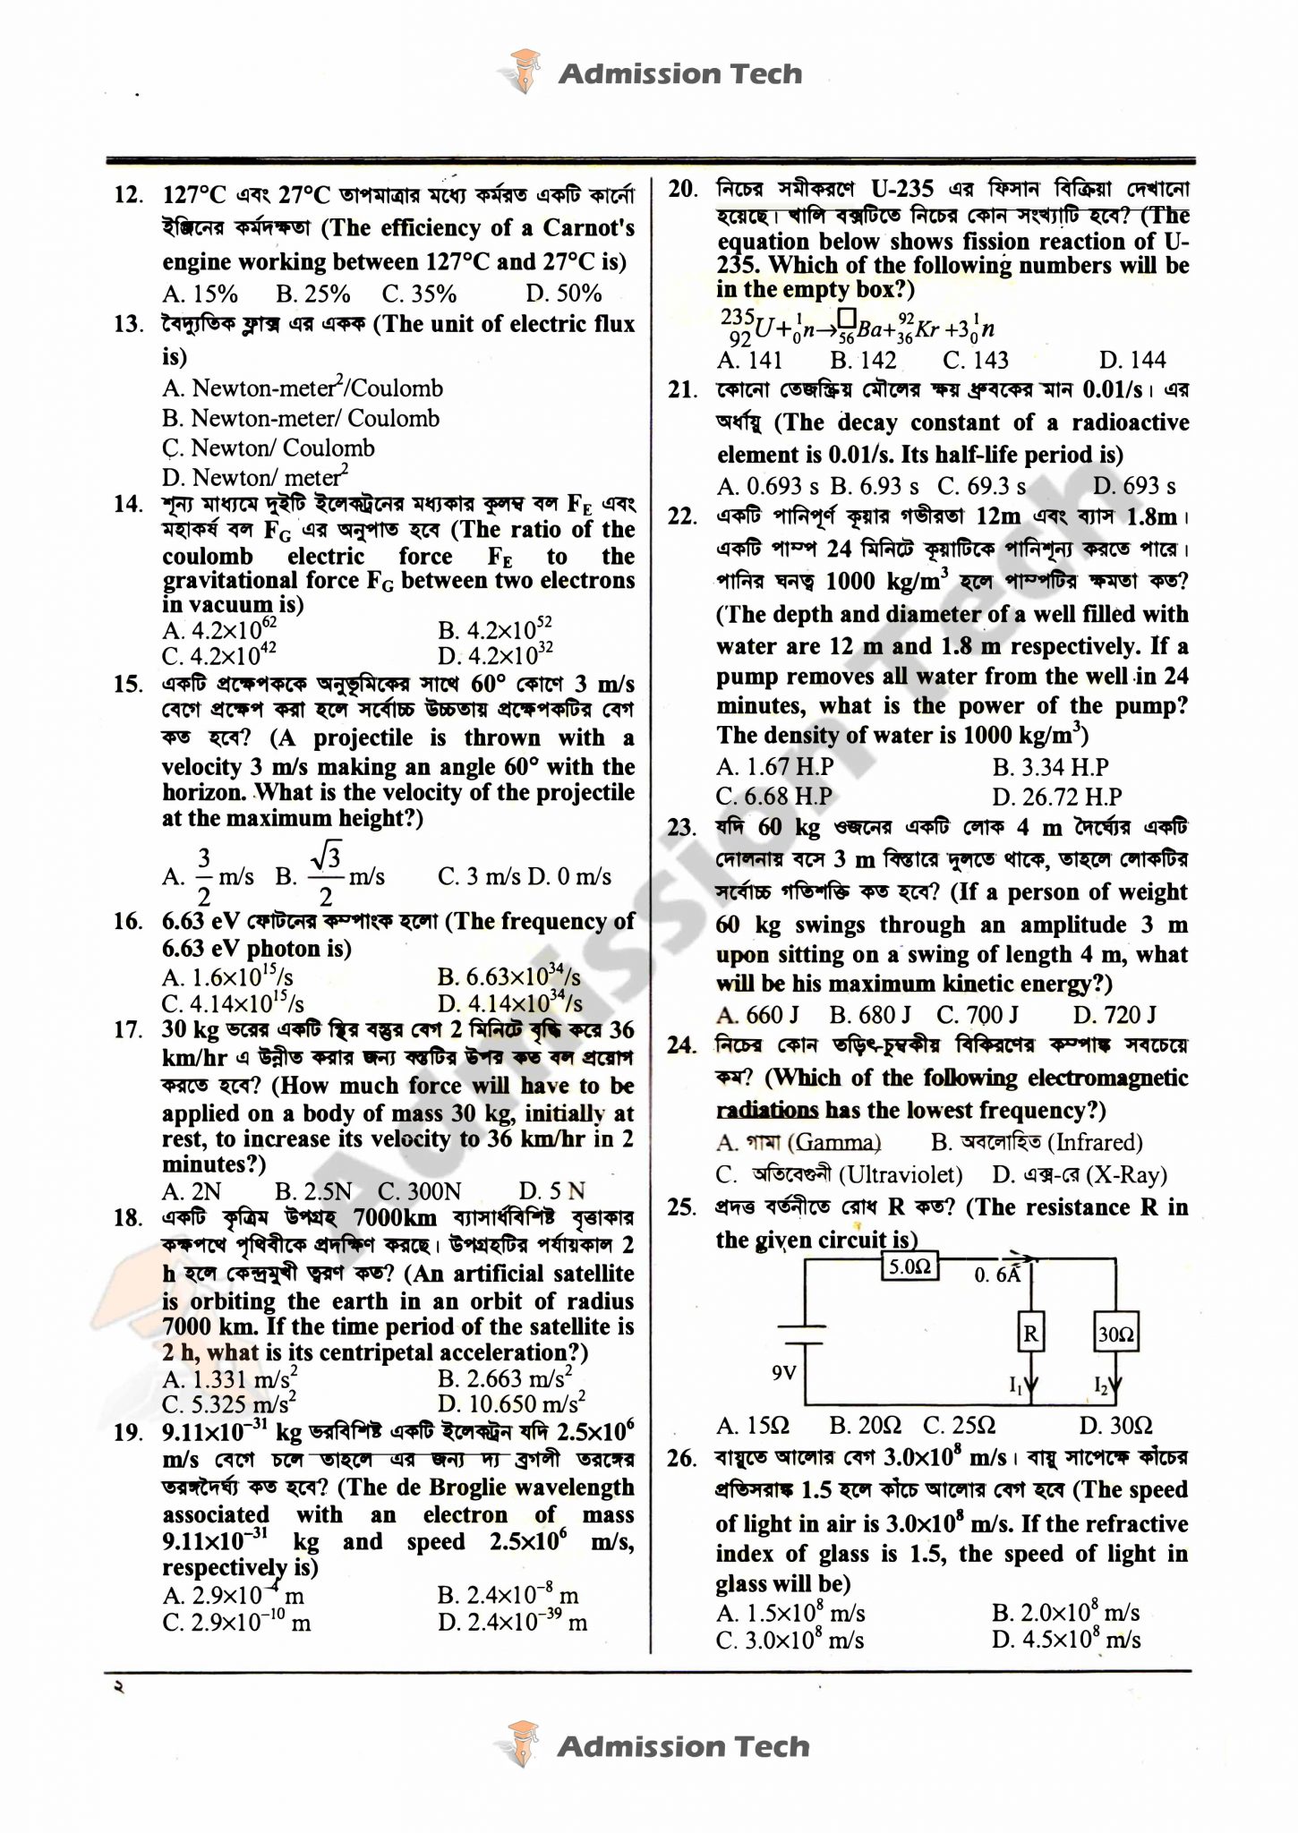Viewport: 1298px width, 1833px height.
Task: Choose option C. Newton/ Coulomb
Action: click(269, 448)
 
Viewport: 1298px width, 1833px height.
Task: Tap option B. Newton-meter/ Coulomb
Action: click(301, 418)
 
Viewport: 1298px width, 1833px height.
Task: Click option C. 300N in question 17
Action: click(419, 1191)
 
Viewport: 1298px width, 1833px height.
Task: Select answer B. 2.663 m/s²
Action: click(505, 1379)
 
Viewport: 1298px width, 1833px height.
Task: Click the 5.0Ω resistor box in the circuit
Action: click(910, 1266)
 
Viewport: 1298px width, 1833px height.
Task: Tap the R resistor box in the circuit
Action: click(1030, 1334)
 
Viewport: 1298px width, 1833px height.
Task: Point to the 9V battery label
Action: click(783, 1371)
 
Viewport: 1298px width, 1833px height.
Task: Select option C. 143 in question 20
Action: click(976, 360)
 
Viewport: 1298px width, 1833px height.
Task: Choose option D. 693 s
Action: click(1135, 486)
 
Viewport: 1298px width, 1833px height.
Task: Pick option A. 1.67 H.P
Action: click(775, 767)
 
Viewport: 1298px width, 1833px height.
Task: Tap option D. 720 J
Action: click(1114, 1014)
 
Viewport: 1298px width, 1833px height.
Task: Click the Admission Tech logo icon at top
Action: click(524, 72)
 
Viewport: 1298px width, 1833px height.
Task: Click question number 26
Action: click(682, 1458)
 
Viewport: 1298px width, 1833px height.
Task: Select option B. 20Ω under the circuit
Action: click(865, 1425)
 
